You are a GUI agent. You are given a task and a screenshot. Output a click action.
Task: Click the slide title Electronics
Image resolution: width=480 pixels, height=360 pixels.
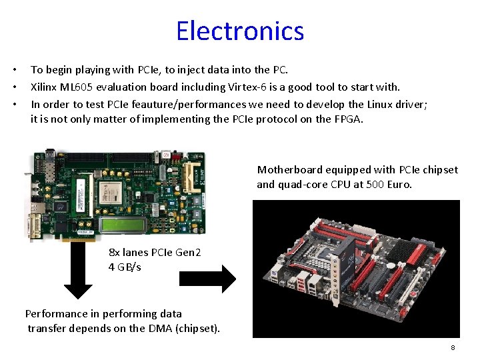point(240,31)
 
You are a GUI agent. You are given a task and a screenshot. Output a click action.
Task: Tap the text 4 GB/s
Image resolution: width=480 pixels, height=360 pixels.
point(125,267)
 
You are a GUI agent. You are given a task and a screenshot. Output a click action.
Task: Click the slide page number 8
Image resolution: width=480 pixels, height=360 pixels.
point(453,348)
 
